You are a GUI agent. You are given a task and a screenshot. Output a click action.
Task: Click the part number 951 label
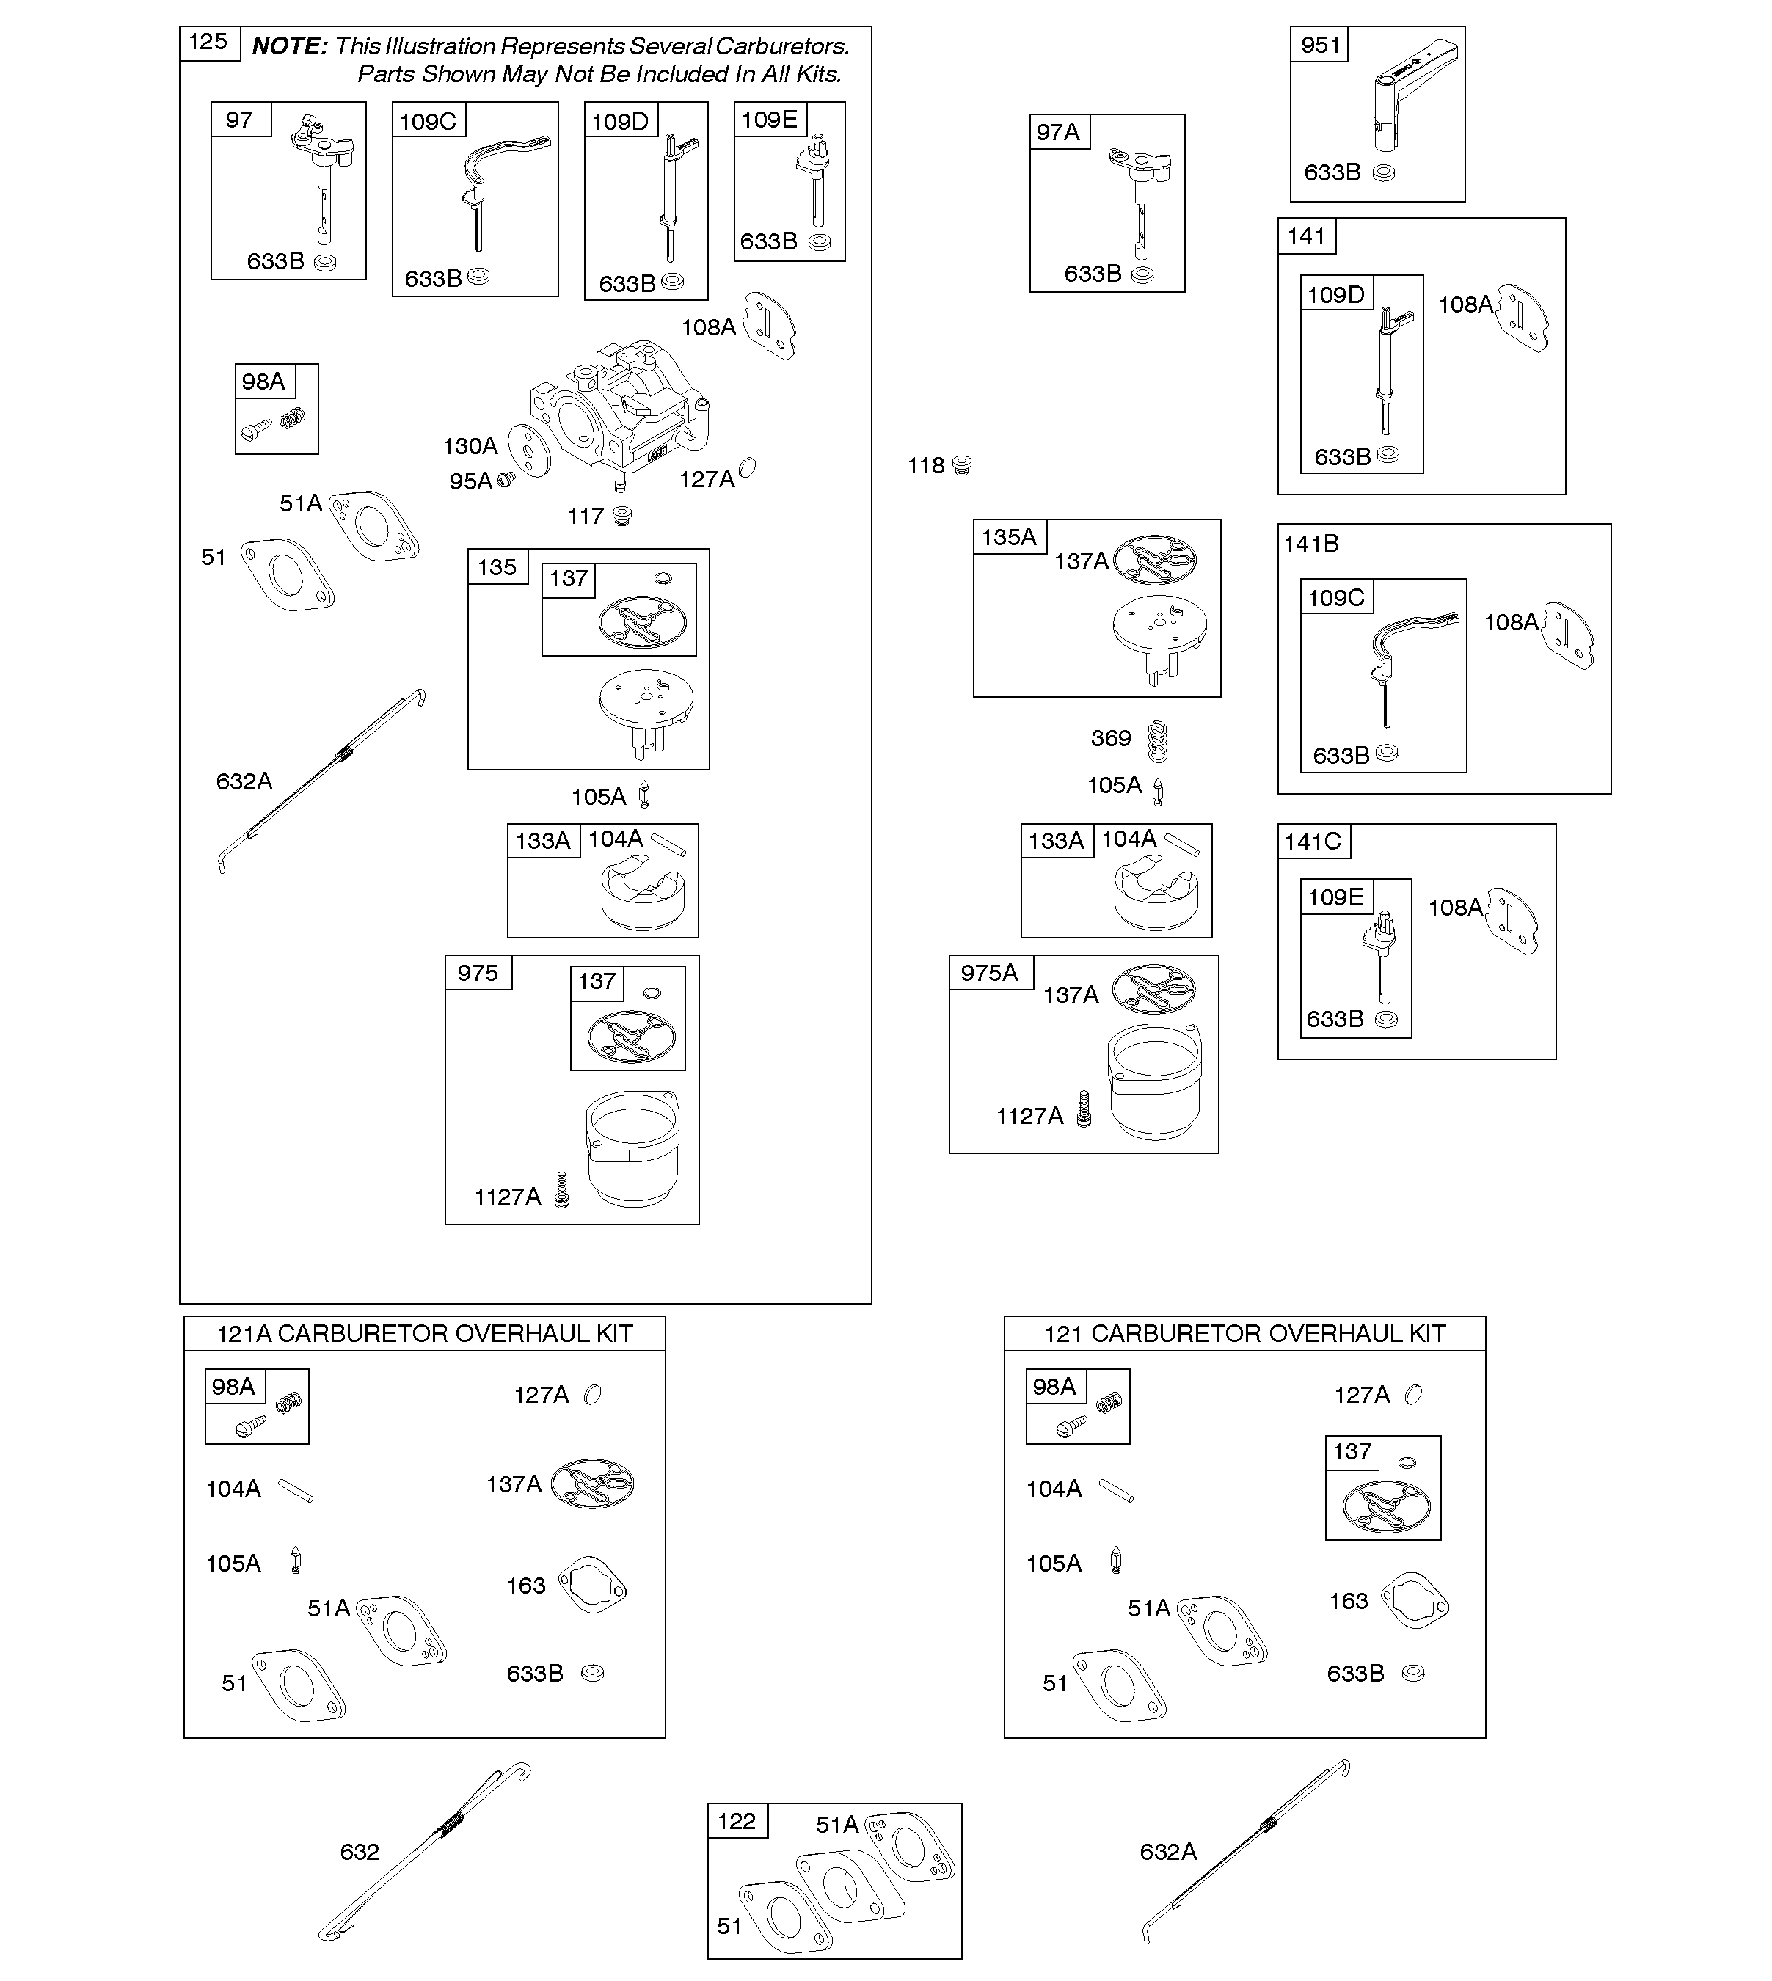click(1319, 45)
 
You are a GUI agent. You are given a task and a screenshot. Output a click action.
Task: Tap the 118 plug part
click(962, 464)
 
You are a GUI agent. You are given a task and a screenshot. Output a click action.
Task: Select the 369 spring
click(1156, 741)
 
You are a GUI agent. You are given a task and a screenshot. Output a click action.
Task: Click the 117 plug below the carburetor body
click(622, 515)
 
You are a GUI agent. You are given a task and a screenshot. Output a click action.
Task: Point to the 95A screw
click(506, 479)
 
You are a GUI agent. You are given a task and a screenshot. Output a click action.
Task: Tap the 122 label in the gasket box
click(736, 1820)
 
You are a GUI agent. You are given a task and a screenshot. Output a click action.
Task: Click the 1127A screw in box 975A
click(1084, 1109)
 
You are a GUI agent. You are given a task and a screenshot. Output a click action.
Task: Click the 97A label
click(1058, 131)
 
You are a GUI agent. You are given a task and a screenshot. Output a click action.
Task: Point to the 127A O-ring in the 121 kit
click(1414, 1395)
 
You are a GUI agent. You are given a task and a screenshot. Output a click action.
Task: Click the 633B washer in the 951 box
click(1382, 173)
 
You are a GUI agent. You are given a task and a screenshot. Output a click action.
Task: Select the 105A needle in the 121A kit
click(296, 1561)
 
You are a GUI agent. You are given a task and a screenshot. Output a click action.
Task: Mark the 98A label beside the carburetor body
click(263, 381)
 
